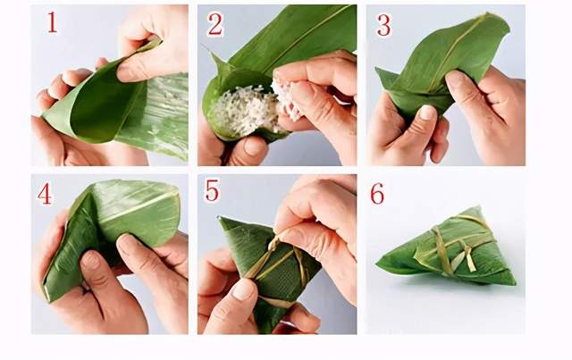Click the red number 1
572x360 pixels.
click(x=52, y=22)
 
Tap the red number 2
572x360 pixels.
click(x=215, y=25)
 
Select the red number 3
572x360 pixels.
click(x=383, y=25)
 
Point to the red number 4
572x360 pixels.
click(x=44, y=193)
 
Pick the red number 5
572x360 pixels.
click(x=213, y=190)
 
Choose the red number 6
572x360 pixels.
click(x=377, y=193)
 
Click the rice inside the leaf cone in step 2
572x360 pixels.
click(x=242, y=109)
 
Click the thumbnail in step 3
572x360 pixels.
click(x=425, y=112)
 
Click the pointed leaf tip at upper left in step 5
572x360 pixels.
click(x=220, y=218)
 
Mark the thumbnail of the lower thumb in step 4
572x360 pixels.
click(x=89, y=261)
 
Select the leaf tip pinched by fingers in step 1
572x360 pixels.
click(x=153, y=43)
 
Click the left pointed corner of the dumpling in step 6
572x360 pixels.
click(x=378, y=262)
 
